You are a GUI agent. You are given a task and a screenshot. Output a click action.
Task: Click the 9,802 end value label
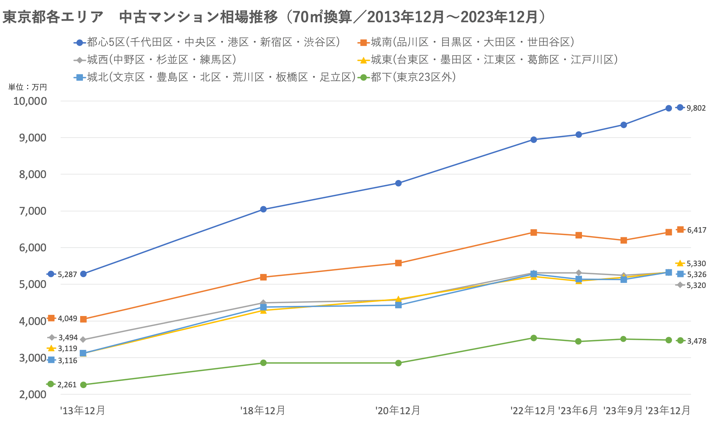pos(696,108)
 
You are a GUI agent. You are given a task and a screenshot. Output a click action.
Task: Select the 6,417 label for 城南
pos(696,230)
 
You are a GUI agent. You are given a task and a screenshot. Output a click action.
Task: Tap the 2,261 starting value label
pos(67,385)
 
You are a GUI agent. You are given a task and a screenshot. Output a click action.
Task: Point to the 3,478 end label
pos(696,341)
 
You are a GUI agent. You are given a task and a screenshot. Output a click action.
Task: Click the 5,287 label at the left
pos(67,274)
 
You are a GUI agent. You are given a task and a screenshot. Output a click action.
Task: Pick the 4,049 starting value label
pos(67,318)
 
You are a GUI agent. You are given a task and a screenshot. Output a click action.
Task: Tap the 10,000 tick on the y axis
pos(30,101)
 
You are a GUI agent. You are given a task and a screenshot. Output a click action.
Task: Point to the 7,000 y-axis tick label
pos(33,211)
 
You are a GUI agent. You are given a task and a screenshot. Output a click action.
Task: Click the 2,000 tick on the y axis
pos(33,394)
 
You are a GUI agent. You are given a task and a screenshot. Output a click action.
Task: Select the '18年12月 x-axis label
pos(263,410)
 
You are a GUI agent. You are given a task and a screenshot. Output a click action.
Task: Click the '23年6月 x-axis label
pos(578,410)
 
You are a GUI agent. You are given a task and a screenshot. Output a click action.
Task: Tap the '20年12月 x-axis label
pos(398,410)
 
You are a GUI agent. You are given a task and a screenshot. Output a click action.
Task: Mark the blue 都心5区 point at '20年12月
pos(398,183)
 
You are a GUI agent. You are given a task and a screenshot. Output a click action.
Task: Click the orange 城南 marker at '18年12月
pos(263,277)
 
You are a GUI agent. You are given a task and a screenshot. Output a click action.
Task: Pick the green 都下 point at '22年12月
pos(534,338)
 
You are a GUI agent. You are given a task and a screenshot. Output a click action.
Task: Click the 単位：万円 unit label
pos(28,87)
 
